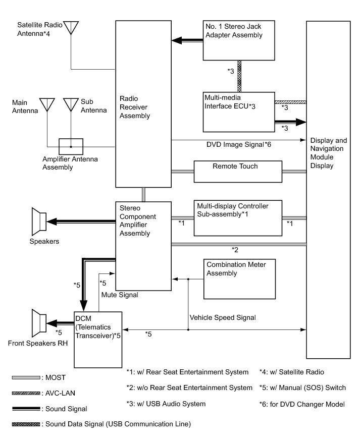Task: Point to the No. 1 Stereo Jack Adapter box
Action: [238, 41]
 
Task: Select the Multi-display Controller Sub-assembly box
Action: [238, 217]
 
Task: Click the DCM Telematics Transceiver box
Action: [99, 339]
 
